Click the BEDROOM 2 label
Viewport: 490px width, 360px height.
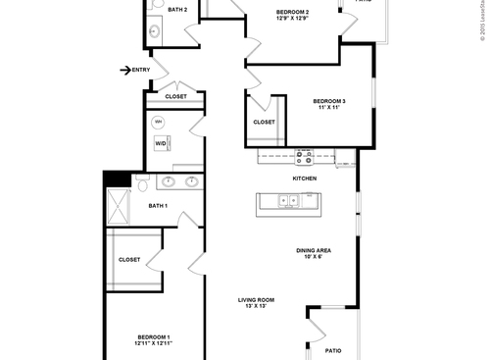pyautogui.click(x=292, y=12)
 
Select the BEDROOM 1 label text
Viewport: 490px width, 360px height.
pyautogui.click(x=154, y=336)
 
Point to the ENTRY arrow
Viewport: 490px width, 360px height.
pyautogui.click(x=125, y=70)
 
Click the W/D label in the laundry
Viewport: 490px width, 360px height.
pyautogui.click(x=160, y=143)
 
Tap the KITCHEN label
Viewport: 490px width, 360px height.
pyautogui.click(x=305, y=179)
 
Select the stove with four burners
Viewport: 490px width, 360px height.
pyautogui.click(x=304, y=155)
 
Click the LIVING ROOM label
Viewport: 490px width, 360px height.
pyautogui.click(x=256, y=300)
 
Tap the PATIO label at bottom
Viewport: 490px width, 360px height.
pyautogui.click(x=333, y=350)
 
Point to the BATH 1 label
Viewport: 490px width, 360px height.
pyautogui.click(x=158, y=206)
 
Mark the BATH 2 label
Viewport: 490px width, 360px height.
pyautogui.click(x=177, y=10)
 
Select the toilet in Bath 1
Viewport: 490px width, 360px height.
pyautogui.click(x=143, y=183)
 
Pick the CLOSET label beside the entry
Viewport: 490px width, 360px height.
pyautogui.click(x=175, y=97)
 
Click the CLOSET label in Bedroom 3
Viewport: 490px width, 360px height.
pyautogui.click(x=264, y=122)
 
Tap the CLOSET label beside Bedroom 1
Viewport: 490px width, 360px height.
pyautogui.click(x=129, y=260)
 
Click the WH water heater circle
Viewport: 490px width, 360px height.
pyautogui.click(x=159, y=122)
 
